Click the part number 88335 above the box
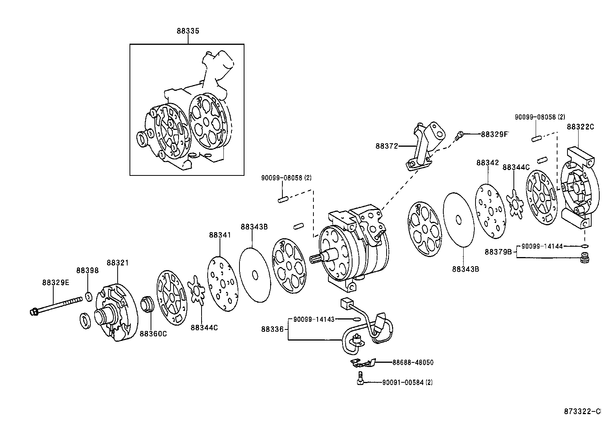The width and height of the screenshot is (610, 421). [188, 31]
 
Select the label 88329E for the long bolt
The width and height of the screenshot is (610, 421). [56, 282]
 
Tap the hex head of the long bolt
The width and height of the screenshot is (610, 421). [33, 312]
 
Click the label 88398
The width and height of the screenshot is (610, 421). [87, 270]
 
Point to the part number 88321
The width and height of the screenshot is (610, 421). [118, 263]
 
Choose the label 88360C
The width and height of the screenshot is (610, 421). [153, 334]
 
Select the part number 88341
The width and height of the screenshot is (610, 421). [220, 235]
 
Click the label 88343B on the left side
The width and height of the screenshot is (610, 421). [254, 227]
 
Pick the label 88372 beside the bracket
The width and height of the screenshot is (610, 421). [387, 146]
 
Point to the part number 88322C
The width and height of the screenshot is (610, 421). [580, 127]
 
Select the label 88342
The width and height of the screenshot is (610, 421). [488, 163]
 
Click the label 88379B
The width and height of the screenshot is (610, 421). [498, 252]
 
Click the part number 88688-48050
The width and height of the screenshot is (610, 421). [413, 362]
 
